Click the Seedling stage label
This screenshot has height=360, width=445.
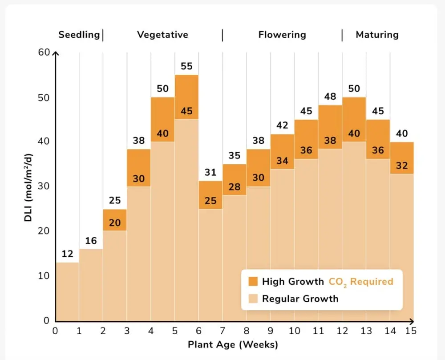[79, 35]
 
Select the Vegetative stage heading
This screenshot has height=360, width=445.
[162, 35]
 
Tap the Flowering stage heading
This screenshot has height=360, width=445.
[282, 35]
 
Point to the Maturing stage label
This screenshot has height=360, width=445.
[377, 35]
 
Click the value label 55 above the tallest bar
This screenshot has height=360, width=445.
[186, 66]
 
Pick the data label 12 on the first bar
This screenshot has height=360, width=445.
[67, 254]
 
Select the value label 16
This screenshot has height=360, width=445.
[91, 241]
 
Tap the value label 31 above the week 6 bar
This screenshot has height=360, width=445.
[210, 172]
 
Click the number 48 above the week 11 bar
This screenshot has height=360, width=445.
[330, 96]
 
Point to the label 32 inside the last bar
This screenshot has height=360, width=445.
[402, 166]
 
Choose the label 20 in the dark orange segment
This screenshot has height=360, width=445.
[115, 222]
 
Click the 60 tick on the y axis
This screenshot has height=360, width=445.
[44, 52]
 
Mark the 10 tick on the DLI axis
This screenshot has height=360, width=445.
[44, 276]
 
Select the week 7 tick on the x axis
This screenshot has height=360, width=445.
[222, 331]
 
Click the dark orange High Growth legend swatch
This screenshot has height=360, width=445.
[253, 281]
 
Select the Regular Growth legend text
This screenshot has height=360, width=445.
[300, 299]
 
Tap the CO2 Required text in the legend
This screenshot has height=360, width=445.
[361, 282]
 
